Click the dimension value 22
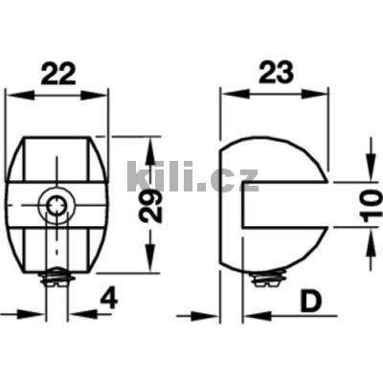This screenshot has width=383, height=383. (56, 73)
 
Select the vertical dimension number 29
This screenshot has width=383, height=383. (145, 204)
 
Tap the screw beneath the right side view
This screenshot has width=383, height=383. (269, 281)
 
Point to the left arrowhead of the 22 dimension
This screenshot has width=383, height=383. (11, 94)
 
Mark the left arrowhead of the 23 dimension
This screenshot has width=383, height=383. (227, 94)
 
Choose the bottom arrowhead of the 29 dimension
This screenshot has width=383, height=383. (150, 265)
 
